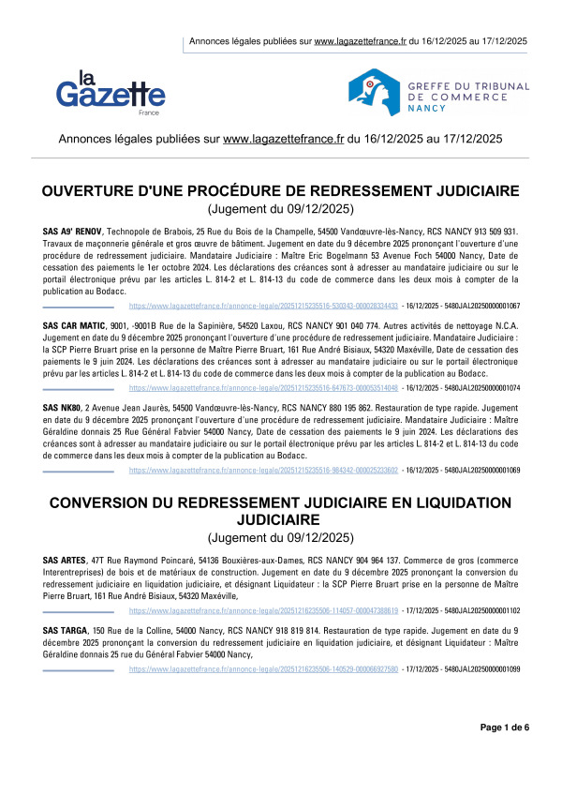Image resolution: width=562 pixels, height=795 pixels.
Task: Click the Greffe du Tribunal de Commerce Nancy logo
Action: pyautogui.click(x=438, y=86)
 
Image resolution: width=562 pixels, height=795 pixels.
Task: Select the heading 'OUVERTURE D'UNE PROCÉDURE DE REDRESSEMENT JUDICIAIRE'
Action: pyautogui.click(x=280, y=192)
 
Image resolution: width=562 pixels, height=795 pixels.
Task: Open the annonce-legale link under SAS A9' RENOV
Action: pyautogui.click(x=263, y=306)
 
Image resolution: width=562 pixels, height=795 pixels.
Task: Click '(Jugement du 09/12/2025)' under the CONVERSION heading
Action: pyautogui.click(x=280, y=537)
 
